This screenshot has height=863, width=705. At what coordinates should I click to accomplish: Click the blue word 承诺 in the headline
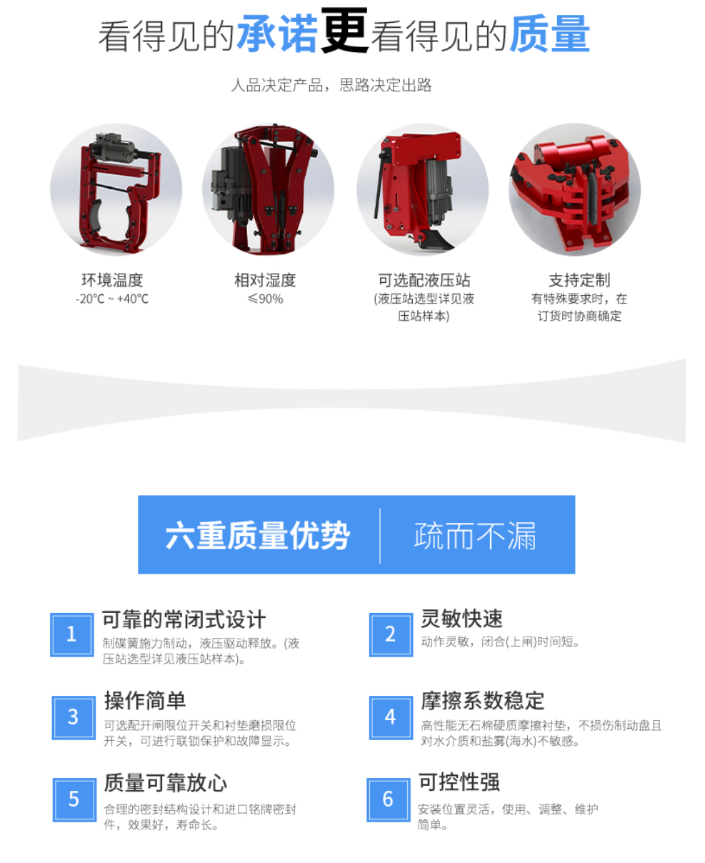point(278,34)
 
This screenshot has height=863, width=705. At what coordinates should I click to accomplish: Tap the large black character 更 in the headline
point(344,31)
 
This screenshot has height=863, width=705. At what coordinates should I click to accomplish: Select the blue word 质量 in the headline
point(549,34)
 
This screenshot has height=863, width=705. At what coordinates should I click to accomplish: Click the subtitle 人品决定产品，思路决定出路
point(331,85)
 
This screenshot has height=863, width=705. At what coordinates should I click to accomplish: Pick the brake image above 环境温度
point(116,189)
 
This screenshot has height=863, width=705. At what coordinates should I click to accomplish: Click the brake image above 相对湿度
point(268,189)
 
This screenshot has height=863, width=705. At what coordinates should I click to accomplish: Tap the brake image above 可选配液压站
point(423,189)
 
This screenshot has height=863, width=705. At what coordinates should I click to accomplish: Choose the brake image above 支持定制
point(575,189)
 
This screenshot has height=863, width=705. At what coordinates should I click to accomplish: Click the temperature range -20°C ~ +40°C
point(112,299)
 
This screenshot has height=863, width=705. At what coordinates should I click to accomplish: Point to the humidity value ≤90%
point(265,299)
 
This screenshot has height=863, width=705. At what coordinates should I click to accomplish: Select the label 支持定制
point(579,280)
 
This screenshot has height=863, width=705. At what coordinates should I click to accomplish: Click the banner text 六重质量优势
point(258,535)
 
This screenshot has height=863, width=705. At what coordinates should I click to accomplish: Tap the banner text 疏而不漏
point(475,535)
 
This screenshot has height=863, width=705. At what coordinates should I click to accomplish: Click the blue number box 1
point(72,634)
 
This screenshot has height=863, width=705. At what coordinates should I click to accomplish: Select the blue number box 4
point(391,718)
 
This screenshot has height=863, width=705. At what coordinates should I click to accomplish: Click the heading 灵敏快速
point(462,618)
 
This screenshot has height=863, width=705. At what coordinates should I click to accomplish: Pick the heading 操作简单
point(145,700)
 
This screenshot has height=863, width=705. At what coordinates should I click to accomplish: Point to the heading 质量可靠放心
point(166,783)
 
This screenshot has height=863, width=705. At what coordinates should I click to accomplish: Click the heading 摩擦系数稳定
point(483,701)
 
